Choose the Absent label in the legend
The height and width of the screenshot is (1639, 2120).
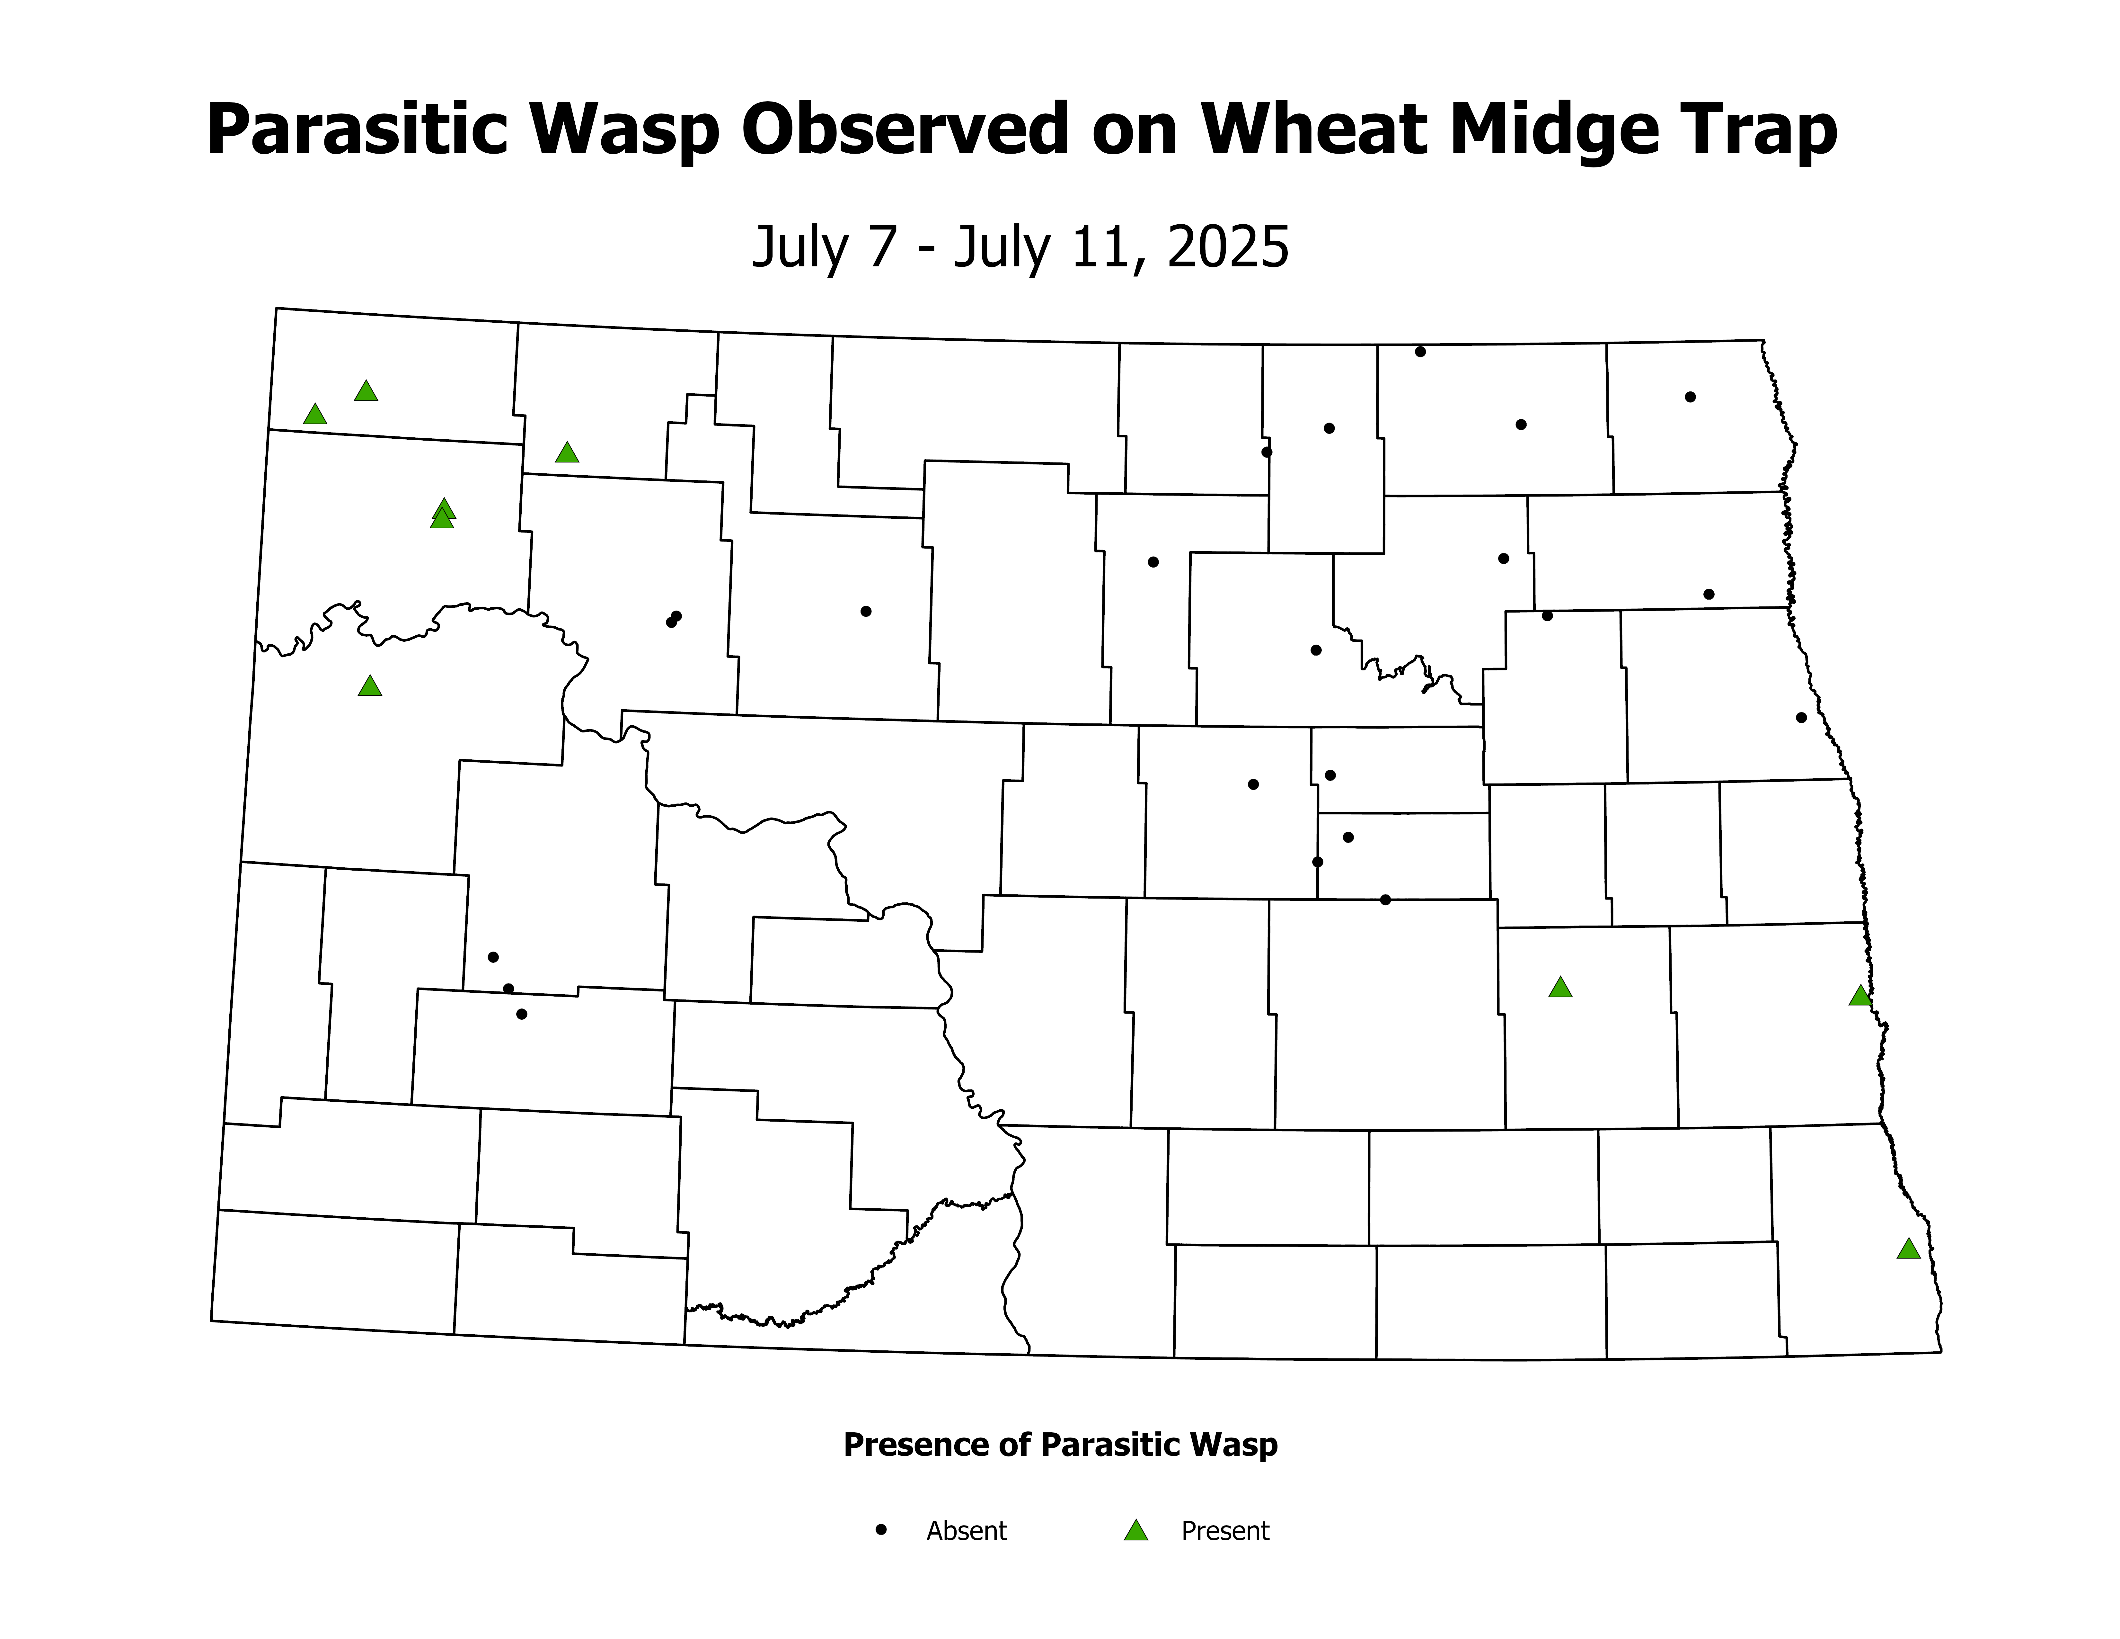point(966,1531)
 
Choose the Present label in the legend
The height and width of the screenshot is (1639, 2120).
point(1225,1531)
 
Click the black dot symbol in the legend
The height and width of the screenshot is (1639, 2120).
point(881,1529)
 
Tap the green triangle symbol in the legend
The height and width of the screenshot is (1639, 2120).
point(1136,1531)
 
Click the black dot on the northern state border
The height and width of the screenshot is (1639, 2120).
point(1420,352)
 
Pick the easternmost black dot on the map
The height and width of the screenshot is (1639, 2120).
point(1802,718)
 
